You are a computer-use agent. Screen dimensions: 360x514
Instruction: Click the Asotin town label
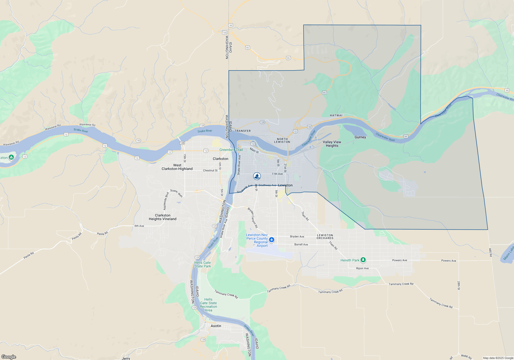tap(216, 326)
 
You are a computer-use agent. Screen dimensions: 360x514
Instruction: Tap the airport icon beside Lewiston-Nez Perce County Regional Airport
tap(272, 240)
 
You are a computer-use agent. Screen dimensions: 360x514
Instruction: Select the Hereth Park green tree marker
tap(363, 260)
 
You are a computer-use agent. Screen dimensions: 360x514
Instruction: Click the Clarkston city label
tap(220, 159)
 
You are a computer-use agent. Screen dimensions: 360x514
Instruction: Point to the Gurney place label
tap(360, 137)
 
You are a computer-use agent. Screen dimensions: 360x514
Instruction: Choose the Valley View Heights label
tap(332, 144)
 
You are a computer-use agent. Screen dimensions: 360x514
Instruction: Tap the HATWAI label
tap(336, 115)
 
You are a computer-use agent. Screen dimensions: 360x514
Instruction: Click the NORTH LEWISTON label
tap(282, 140)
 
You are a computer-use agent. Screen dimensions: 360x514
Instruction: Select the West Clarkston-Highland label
tap(177, 167)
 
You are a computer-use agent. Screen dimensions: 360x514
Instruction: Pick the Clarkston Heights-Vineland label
tap(162, 217)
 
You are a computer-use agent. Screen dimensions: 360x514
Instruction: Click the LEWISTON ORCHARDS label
tap(325, 237)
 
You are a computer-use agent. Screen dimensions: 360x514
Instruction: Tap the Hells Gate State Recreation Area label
tap(208, 305)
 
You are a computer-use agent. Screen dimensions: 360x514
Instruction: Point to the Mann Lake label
tap(508, 253)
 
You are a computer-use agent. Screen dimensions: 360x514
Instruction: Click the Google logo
tap(9, 357)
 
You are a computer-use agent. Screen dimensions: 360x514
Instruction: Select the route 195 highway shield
tap(225, 33)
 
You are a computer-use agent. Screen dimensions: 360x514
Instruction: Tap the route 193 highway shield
tap(138, 141)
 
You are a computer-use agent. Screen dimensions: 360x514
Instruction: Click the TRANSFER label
tap(242, 131)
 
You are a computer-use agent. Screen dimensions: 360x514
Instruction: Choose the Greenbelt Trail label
tap(231, 150)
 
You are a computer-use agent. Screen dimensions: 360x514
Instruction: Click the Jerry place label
tap(126, 358)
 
